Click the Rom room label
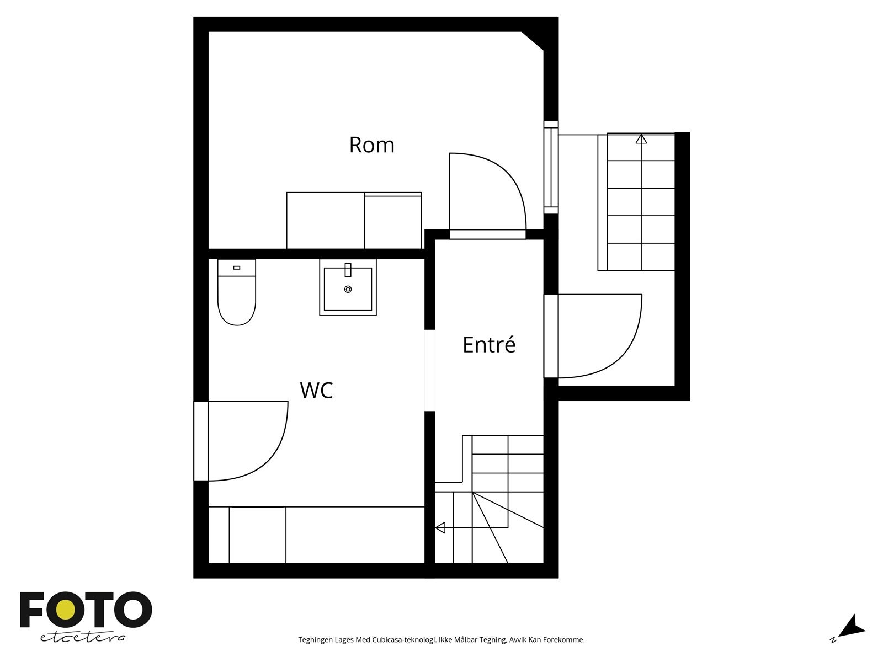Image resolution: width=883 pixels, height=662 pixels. click(x=371, y=145)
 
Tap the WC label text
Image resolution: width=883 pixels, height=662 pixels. click(x=316, y=390)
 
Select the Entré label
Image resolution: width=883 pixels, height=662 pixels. click(x=489, y=344)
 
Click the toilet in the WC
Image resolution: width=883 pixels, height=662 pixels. click(x=237, y=292)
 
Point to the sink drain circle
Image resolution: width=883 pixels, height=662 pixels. click(x=348, y=290)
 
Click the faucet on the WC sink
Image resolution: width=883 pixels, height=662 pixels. click(x=348, y=270)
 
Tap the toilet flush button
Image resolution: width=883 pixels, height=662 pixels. click(x=237, y=268)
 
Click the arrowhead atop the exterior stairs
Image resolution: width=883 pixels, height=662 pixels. click(x=641, y=139)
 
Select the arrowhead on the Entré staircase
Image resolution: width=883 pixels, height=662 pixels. click(x=440, y=528)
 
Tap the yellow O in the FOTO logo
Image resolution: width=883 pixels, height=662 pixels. click(x=65, y=610)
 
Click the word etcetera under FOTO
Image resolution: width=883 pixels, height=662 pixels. click(x=82, y=638)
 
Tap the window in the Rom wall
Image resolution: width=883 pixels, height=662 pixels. click(x=551, y=167)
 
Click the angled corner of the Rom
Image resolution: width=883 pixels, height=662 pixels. click(x=533, y=41)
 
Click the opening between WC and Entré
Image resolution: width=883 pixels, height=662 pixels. click(x=429, y=371)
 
